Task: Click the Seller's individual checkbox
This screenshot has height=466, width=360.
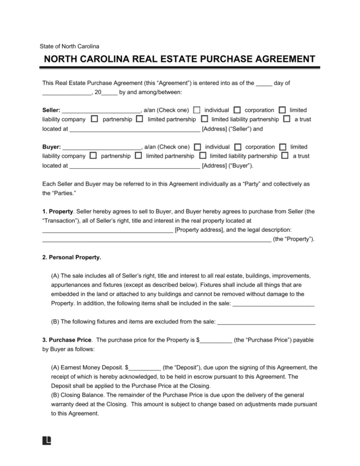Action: tap(197, 110)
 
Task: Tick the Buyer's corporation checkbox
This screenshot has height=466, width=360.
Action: tap(237, 147)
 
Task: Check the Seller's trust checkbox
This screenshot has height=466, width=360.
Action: tap(287, 119)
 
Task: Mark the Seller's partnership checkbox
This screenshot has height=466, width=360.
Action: tap(94, 119)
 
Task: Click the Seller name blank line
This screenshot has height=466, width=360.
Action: tap(101, 111)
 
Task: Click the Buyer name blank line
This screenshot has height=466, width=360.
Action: tap(101, 147)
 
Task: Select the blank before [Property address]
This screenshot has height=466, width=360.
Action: tap(107, 230)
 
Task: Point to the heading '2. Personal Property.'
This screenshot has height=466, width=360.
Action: tap(72, 257)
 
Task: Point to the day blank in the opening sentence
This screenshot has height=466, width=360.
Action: tap(264, 83)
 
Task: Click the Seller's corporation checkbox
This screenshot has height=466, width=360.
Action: tap(237, 110)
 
